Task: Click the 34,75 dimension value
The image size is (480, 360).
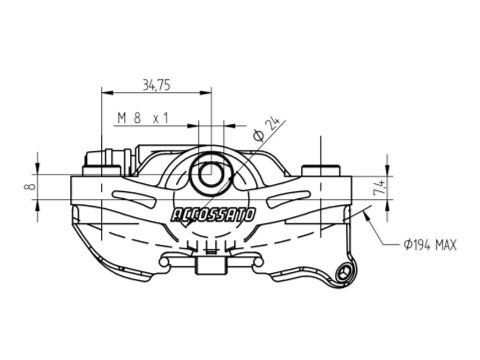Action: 157,85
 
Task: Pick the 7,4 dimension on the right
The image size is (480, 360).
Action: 379,187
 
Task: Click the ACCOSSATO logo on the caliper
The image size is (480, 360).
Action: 213,215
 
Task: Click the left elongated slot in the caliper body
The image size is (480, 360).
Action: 135,198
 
